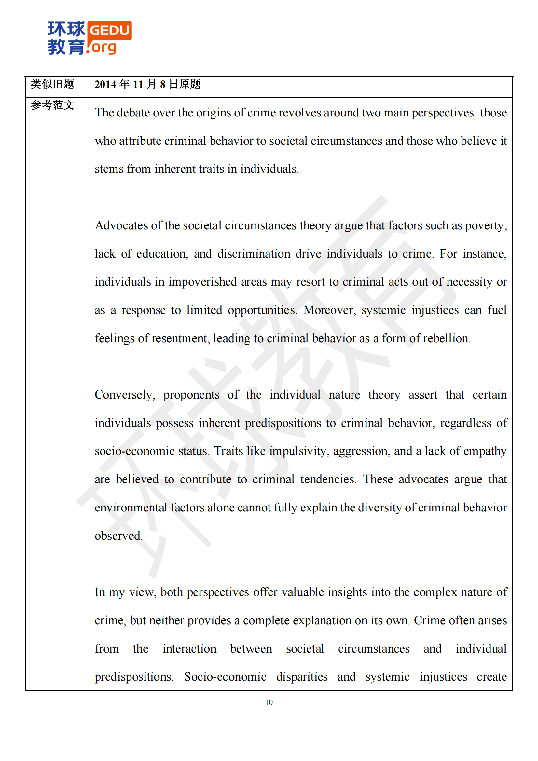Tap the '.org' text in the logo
(x=102, y=48)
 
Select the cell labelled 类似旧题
(x=52, y=84)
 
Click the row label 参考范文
(x=52, y=105)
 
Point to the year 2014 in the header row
(x=105, y=85)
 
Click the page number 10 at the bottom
(x=269, y=702)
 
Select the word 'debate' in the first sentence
(x=133, y=113)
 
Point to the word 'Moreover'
(x=329, y=310)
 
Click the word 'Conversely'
(x=123, y=395)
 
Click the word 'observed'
(x=118, y=536)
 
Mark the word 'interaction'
(x=189, y=649)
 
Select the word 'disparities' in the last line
(x=302, y=676)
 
